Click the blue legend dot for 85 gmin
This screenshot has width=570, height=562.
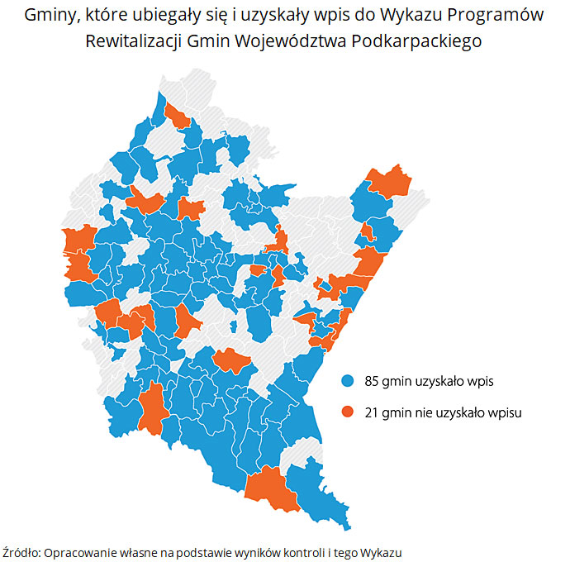point(348,381)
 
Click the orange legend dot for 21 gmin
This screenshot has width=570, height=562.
point(348,411)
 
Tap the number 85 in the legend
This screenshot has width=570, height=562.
point(372,381)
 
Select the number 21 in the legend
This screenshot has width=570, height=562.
point(371,411)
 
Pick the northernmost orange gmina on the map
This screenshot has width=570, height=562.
point(177,116)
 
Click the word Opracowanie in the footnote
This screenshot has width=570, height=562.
point(79,551)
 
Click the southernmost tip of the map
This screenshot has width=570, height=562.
point(349,527)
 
